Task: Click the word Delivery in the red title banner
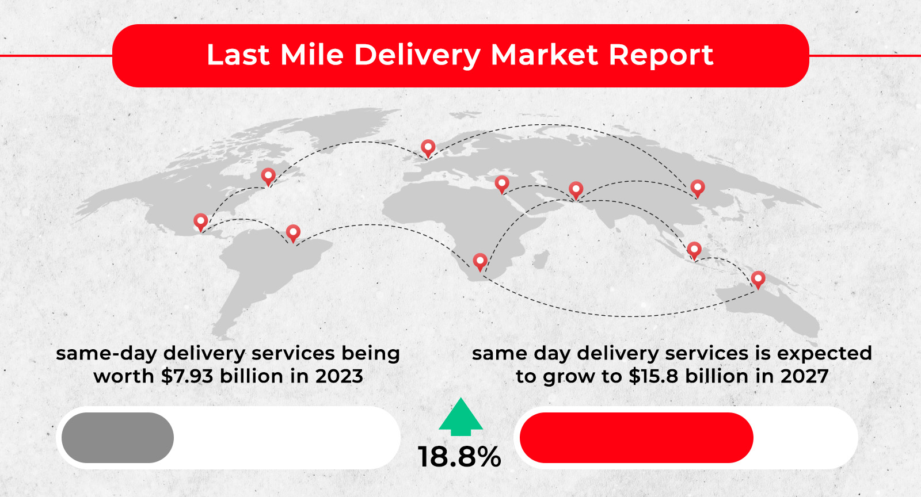click(x=417, y=56)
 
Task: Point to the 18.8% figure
click(x=459, y=457)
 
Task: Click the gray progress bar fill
click(x=117, y=438)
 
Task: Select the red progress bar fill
click(x=636, y=438)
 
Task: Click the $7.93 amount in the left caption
click(x=188, y=376)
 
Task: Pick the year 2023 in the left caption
click(x=339, y=376)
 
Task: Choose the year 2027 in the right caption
click(x=804, y=376)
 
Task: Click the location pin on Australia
click(x=758, y=279)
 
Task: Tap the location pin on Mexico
click(x=200, y=221)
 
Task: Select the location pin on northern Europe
click(x=428, y=148)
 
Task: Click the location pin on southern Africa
click(x=480, y=261)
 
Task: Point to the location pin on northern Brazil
click(x=293, y=233)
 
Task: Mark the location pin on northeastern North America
click(x=268, y=176)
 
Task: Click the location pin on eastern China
click(x=698, y=188)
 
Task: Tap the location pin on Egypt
click(x=502, y=184)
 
